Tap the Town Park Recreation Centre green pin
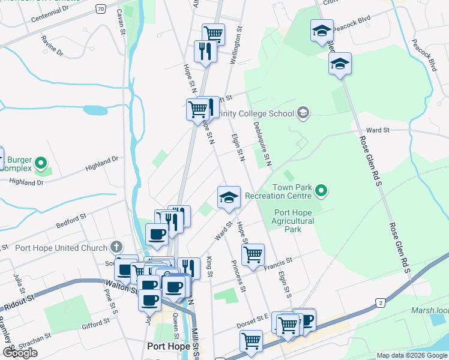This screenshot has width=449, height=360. tap(322, 191)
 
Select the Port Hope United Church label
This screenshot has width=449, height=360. tap(61, 247)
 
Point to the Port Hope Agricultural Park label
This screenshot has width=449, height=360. tap(294, 221)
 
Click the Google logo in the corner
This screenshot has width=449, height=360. tap(20, 353)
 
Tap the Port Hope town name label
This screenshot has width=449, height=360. tap(169, 346)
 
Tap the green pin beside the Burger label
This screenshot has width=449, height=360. tap(41, 163)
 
